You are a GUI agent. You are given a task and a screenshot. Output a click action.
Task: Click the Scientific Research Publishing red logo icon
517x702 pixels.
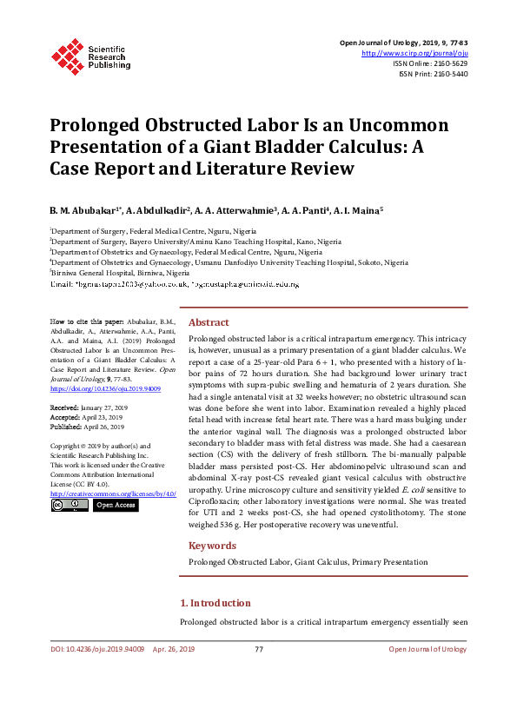tap(67, 55)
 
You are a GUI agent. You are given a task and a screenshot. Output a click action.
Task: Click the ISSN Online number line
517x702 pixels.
tap(430, 63)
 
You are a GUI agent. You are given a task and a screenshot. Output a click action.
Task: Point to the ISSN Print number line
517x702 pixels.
tap(433, 74)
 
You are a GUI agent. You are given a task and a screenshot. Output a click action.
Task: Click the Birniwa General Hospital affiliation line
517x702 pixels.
tap(120, 272)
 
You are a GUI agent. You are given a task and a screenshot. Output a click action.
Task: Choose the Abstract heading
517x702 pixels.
tap(209, 321)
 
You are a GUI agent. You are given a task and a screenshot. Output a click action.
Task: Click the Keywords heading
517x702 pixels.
tap(212, 546)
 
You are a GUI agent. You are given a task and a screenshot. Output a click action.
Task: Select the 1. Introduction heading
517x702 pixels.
tap(215, 603)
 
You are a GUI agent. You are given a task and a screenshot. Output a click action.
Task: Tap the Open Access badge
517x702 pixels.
tap(115, 504)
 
